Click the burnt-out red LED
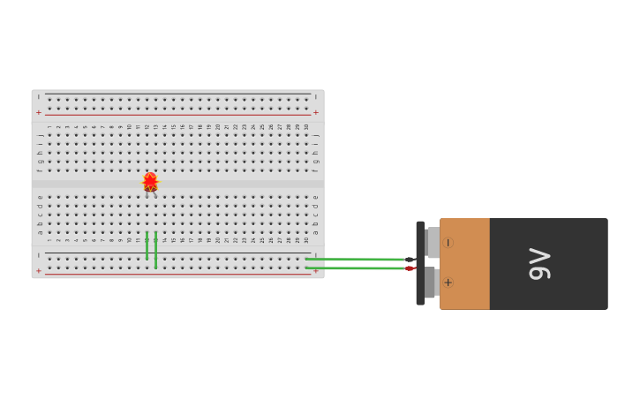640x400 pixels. [150, 182]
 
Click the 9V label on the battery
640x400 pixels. [539, 264]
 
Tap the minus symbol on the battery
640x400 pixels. [448, 242]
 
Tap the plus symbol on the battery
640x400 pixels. [448, 283]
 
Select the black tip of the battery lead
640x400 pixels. [409, 260]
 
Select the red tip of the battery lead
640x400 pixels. [409, 268]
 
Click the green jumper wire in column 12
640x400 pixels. [147, 246]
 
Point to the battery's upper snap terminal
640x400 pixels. [432, 242]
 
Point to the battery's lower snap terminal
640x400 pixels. [430, 283]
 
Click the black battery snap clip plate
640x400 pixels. [420, 263]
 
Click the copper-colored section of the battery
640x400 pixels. [465, 263]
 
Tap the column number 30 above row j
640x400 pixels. [306, 126]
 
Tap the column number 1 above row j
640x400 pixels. [49, 126]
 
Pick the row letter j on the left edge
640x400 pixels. [39, 135]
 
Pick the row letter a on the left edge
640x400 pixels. [39, 232]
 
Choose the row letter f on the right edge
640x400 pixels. [316, 170]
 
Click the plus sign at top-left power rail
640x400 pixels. [38, 113]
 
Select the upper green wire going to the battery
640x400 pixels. [353, 259]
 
